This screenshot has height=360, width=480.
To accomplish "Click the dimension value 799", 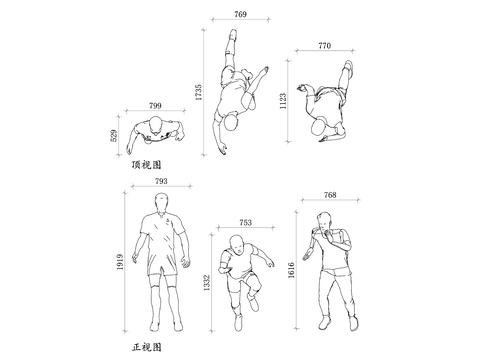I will pos(155,105).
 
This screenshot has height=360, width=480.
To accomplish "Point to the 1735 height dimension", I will pos(201,93).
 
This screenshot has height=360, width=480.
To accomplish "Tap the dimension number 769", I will pos(241,15).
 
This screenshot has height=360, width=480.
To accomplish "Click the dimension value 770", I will pos(324,46).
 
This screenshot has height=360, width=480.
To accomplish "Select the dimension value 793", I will pos(161,182).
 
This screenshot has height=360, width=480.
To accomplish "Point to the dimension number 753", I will pos(246,223).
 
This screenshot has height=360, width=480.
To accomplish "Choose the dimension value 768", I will pos(330,195).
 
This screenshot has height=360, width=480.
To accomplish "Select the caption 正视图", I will pos(145,346).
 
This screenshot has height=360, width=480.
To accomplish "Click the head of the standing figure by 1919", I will pos(162,206).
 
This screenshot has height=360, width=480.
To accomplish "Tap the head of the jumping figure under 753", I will pos(237,244).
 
